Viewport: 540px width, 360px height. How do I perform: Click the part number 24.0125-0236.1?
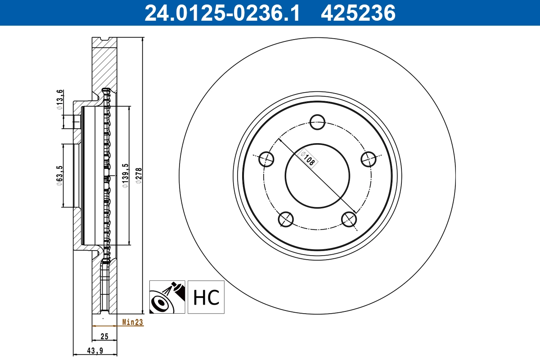221,13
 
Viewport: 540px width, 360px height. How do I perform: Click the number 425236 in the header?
358,13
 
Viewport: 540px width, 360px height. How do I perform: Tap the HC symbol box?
206,297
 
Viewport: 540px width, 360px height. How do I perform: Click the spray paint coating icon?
167,297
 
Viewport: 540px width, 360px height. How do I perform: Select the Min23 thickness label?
132,322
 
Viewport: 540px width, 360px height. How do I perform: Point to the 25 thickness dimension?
104,336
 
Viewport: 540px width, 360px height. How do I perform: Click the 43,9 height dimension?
95,351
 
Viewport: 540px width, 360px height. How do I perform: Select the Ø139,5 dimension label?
126,175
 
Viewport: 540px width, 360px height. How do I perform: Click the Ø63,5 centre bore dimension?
59,175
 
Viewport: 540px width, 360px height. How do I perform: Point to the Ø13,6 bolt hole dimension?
59,99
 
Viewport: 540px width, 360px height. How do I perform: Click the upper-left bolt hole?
267,158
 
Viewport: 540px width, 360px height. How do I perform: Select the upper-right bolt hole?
369,158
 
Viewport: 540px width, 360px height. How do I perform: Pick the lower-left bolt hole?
286,219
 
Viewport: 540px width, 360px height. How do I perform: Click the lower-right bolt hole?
349,219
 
